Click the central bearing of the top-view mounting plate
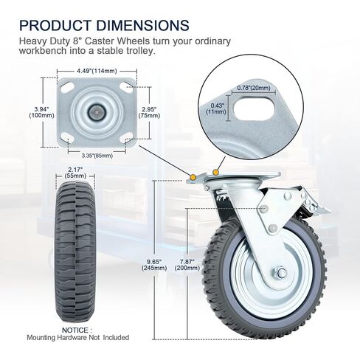pyautogui.click(x=97, y=111)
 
